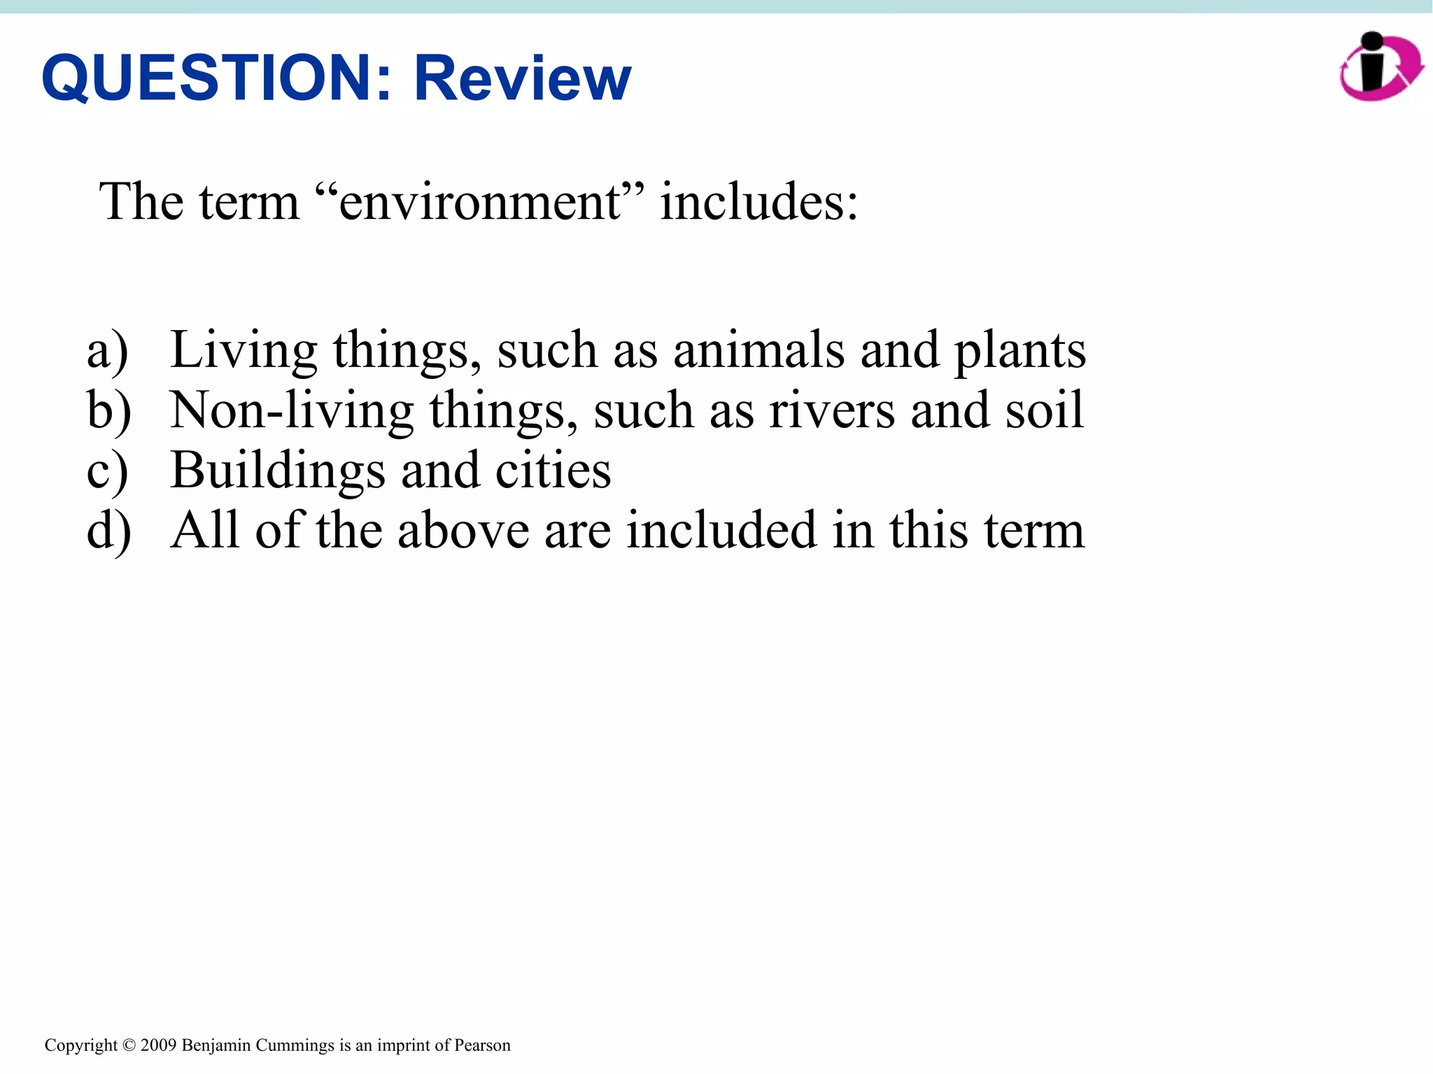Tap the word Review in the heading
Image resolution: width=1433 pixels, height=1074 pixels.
pyautogui.click(x=523, y=78)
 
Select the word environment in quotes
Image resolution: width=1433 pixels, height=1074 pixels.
pyautogui.click(x=480, y=202)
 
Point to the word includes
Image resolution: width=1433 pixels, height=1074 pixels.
pyautogui.click(x=758, y=202)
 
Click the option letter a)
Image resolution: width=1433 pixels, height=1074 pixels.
pyautogui.click(x=107, y=350)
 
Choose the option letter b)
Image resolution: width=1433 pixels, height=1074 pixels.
pyautogui.click(x=108, y=410)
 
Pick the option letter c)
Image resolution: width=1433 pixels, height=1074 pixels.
pyautogui.click(x=107, y=471)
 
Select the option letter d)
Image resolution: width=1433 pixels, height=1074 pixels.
pyautogui.click(x=108, y=531)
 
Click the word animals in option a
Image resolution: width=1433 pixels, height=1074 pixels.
pyautogui.click(x=758, y=350)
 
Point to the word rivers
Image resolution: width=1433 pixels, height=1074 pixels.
pyautogui.click(x=831, y=410)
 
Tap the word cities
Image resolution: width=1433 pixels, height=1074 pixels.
pyautogui.click(x=553, y=471)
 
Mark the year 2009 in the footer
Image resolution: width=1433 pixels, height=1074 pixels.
pyautogui.click(x=158, y=1045)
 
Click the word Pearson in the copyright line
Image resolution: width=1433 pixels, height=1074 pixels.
pyautogui.click(x=482, y=1045)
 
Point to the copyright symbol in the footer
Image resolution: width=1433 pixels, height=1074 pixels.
pyautogui.click(x=129, y=1045)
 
